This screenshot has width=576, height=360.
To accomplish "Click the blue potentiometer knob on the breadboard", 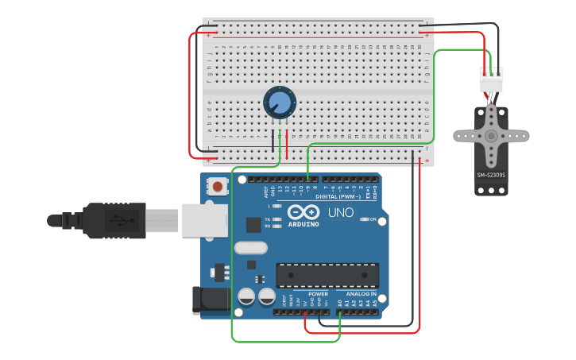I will point(280,103).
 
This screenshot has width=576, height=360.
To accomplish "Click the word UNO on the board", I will point(341,213).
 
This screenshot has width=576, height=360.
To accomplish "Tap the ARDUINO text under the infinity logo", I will point(303,224).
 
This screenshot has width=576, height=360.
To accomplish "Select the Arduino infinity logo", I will point(303,212).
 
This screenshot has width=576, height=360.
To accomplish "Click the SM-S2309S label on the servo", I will point(491,176).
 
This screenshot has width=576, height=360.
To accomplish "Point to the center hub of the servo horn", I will point(491,136).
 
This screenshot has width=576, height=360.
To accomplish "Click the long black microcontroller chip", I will point(327,275).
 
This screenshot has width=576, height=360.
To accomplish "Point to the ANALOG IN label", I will point(361,294).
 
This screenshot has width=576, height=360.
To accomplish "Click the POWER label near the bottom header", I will point(318,294).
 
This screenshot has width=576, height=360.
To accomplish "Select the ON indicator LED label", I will point(373,219).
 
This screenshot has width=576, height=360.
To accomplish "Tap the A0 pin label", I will point(340,303).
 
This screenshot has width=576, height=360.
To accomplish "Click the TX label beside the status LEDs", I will point(268,219).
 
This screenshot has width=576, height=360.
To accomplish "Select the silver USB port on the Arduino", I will point(205,220).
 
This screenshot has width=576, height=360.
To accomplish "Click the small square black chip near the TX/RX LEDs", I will point(253,225).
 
